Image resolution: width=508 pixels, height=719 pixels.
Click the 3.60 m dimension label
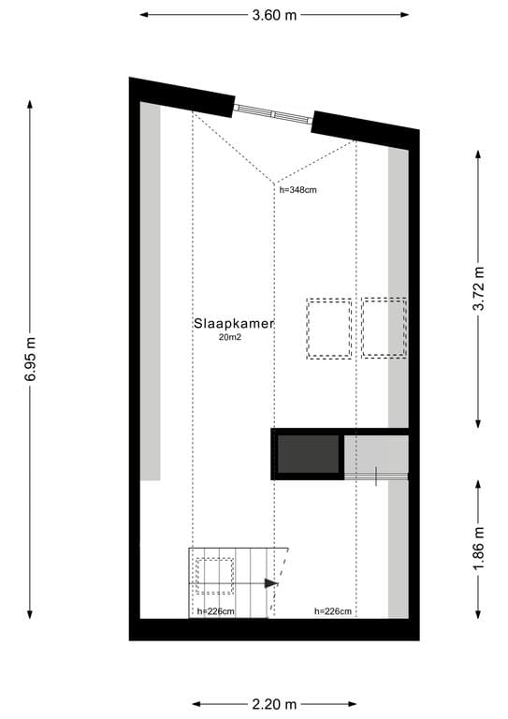pos(274,15)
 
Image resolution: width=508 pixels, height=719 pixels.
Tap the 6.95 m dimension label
pos(31,359)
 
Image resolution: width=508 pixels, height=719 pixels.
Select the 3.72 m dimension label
pos(479,289)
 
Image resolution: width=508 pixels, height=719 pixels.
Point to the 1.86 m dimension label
pos(479,550)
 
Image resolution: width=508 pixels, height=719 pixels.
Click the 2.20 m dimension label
pos(274,704)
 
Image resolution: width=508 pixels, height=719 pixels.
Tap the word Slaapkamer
pos(234,323)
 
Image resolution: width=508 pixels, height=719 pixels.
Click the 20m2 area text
pos(230,337)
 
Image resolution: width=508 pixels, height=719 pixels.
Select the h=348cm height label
pos(299,189)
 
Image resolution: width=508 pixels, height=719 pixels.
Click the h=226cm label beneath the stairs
pos(215,611)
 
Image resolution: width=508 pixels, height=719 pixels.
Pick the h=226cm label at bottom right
pos(332,611)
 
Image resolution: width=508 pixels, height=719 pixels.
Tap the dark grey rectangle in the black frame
pos(308,454)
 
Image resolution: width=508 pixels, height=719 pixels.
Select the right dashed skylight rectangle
pos(385,327)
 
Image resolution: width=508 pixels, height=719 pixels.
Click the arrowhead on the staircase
pos(271,583)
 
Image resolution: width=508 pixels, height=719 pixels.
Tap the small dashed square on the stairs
pos(214,576)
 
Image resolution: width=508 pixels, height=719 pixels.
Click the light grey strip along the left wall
pos(151,290)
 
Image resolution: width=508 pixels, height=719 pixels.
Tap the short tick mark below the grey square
pos(376,477)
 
